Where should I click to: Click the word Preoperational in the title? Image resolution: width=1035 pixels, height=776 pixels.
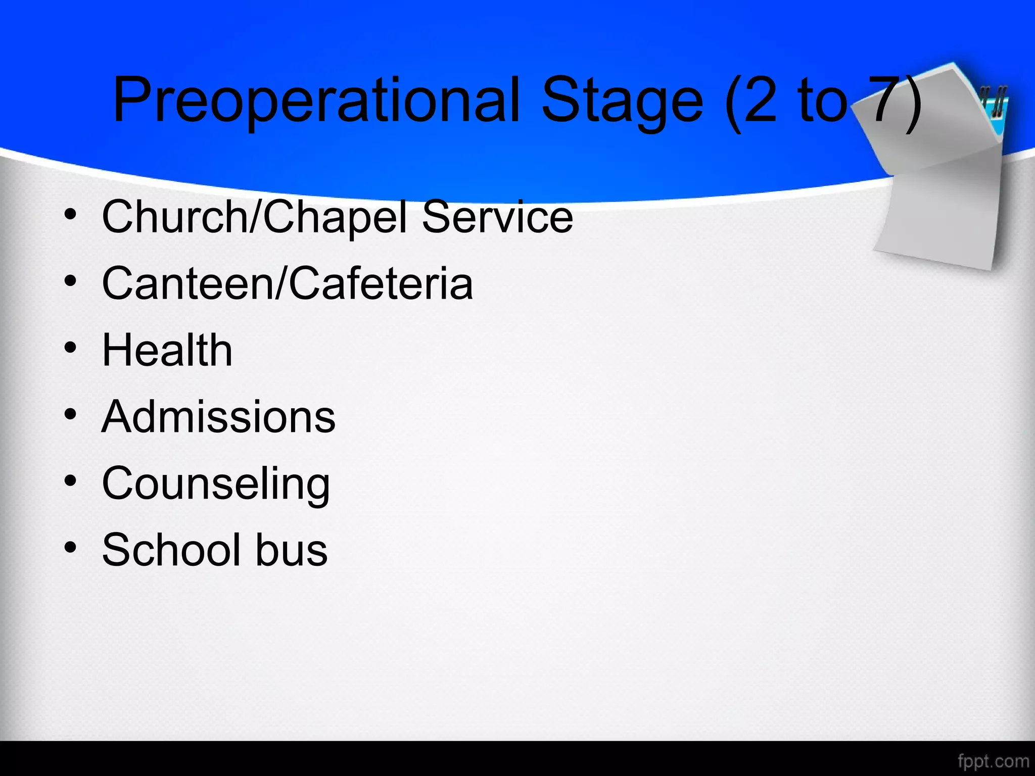click(x=316, y=100)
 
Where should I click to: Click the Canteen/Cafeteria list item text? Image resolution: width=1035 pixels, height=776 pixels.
click(x=287, y=283)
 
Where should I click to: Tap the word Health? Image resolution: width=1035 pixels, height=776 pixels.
click(x=167, y=350)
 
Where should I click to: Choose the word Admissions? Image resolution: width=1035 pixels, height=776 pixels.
click(x=218, y=417)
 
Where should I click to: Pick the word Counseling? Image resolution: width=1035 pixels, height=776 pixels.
click(x=216, y=483)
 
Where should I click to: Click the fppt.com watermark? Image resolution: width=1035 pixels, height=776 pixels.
click(x=993, y=761)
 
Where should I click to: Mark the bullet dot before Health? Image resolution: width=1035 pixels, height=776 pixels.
click(x=71, y=348)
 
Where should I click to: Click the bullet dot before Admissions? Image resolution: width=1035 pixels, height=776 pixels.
click(x=71, y=415)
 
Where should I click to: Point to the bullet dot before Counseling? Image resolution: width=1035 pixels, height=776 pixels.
click(x=71, y=481)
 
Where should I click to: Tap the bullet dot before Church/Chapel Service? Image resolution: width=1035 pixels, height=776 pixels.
click(x=71, y=215)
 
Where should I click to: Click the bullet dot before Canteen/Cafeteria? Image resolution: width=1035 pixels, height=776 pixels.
click(x=71, y=281)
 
